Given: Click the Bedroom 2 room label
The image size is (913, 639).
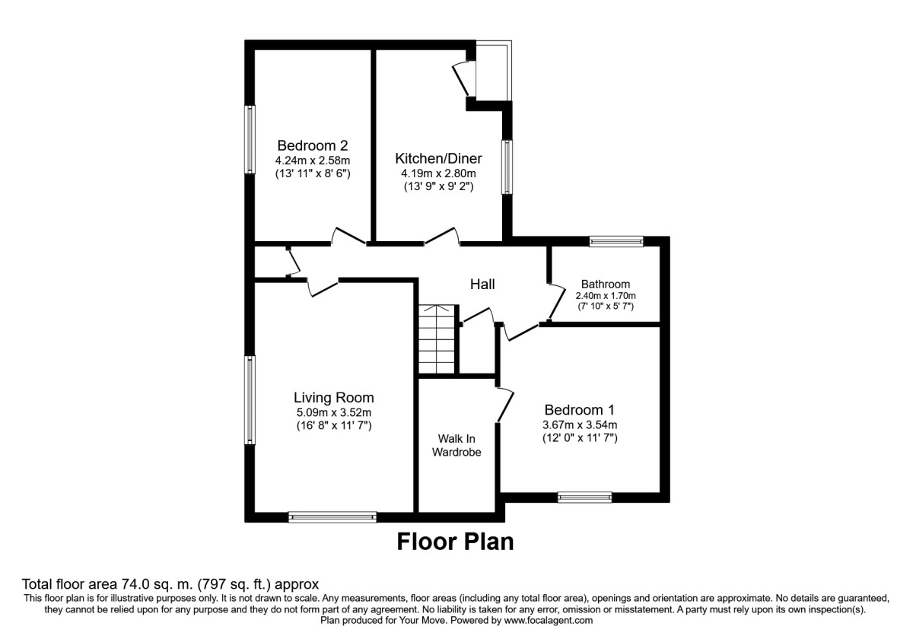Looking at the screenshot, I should click(312, 145).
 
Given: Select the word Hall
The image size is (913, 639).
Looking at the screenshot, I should click(482, 284).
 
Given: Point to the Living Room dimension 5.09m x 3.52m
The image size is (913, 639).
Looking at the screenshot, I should click(334, 412).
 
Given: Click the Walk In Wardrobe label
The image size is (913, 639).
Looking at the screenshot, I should click(456, 445).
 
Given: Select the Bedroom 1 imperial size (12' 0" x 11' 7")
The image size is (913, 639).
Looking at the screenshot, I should click(579, 438).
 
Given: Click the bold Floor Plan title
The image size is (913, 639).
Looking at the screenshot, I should click(455, 542).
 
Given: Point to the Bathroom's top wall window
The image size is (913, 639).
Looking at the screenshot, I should click(616, 242).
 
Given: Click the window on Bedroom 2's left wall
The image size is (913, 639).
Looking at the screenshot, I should click(249, 139).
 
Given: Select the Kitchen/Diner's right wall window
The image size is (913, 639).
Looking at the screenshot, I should click(505, 166).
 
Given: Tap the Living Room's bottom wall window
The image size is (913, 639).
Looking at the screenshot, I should click(332, 517).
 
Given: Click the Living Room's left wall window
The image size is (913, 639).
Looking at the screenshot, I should click(249, 399).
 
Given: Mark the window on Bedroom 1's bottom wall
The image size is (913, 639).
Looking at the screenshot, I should click(584, 498).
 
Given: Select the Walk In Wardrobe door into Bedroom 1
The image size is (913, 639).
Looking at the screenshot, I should click(504, 403).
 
